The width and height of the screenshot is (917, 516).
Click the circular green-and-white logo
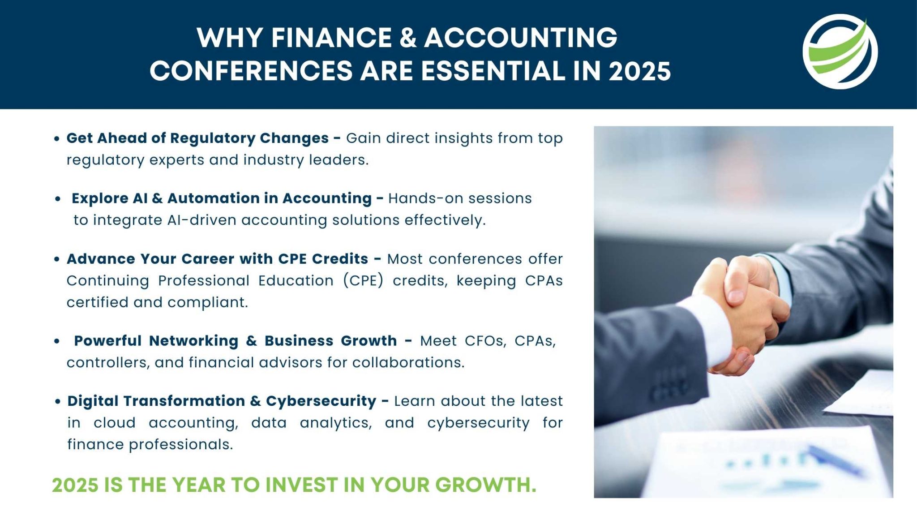[840, 52]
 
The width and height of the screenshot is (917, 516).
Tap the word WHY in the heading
[230, 37]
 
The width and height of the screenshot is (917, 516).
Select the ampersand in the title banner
[407, 37]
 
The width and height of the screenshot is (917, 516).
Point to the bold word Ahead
[122, 138]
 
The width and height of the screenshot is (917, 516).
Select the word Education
[296, 280]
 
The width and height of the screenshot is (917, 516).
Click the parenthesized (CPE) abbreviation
[364, 280]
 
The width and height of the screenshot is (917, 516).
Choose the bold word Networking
[193, 340]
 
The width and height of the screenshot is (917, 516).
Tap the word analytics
[336, 422]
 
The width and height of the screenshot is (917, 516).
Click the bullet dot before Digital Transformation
[57, 401]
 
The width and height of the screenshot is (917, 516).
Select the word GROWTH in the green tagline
[485, 485]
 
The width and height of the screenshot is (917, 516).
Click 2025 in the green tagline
[75, 485]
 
